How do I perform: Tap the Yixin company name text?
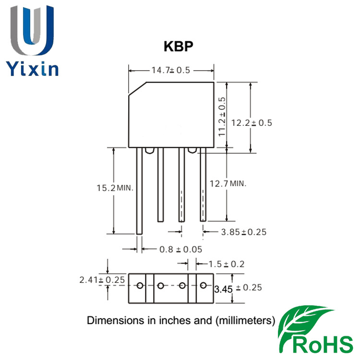tap(33, 68)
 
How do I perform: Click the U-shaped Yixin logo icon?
tap(32, 30)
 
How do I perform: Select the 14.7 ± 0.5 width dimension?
tap(171, 70)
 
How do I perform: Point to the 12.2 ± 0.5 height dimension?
tap(252, 122)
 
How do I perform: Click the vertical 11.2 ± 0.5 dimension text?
tap(222, 117)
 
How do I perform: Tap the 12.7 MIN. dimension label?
tap(228, 183)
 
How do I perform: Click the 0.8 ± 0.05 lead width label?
tap(180, 250)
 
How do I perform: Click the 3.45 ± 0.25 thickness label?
tap(238, 288)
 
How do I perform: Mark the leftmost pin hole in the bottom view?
tap(140, 286)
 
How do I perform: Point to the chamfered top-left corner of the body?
tap(137, 89)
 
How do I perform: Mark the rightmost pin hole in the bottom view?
tap(204, 286)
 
